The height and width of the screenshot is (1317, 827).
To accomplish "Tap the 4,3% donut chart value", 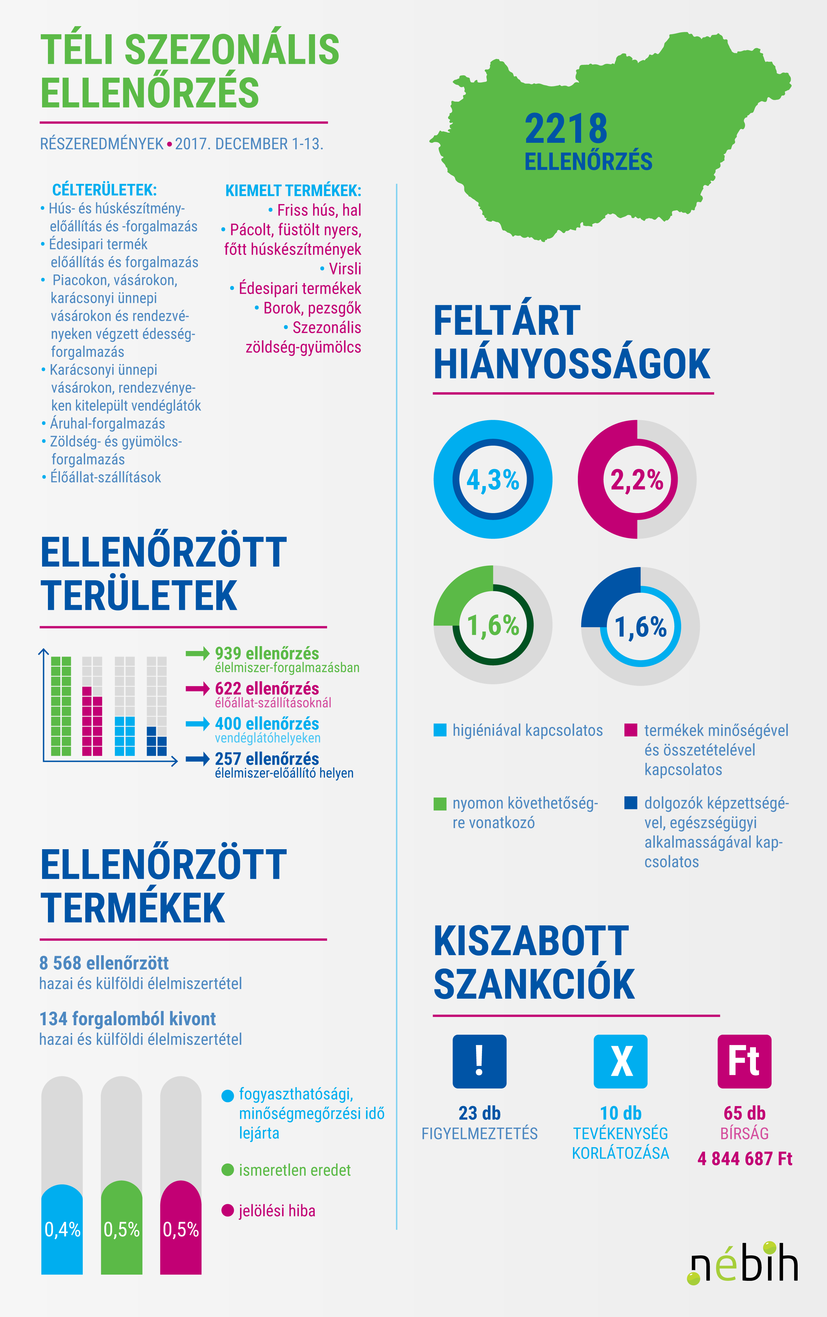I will (x=492, y=480).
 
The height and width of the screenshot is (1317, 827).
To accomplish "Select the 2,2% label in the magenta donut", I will (x=637, y=480).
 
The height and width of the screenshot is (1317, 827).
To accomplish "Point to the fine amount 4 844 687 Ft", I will (x=744, y=1159).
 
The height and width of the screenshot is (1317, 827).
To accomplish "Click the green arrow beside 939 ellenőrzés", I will (x=197, y=653).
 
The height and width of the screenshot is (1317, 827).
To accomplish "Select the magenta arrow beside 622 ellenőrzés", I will (x=197, y=688).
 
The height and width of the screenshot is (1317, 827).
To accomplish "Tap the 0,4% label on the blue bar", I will (x=62, y=1230).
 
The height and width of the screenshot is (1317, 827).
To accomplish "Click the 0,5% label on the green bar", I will (x=121, y=1230).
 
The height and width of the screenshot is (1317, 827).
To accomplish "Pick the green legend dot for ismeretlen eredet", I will (x=228, y=1170).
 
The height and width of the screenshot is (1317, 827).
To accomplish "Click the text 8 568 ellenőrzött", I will (x=104, y=963).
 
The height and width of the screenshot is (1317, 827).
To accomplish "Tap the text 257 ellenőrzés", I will (x=266, y=759).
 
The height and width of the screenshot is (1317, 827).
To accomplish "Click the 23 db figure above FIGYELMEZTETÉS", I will (x=479, y=1113).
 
